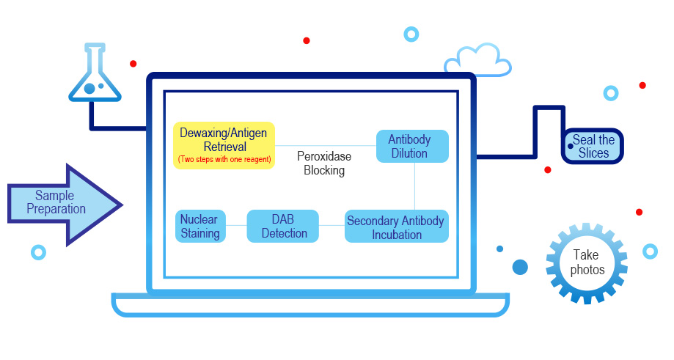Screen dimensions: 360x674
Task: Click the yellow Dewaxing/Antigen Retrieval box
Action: coord(224,144)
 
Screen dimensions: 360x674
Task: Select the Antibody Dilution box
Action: coord(411,146)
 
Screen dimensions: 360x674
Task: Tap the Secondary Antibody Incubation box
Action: coord(395,227)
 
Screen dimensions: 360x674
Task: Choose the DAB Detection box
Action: coord(283,227)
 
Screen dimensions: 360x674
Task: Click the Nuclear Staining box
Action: coord(200,227)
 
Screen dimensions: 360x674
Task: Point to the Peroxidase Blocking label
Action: coord(324,164)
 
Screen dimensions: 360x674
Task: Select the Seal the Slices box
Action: coord(593,147)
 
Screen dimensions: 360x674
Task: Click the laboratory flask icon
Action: coord(93,76)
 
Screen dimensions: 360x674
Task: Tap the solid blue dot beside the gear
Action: coord(520,267)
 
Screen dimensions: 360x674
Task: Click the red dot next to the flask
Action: coord(133,64)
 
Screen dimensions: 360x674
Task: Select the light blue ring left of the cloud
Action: coord(411,34)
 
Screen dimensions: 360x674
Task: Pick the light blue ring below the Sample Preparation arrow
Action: coord(38,252)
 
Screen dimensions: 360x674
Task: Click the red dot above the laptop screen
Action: coord(307,40)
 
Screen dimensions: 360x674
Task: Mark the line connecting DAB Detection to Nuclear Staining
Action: coord(236,227)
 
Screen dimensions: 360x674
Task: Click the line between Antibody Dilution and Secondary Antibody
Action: coord(415,186)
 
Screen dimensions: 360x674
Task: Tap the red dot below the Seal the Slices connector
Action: coord(547,169)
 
